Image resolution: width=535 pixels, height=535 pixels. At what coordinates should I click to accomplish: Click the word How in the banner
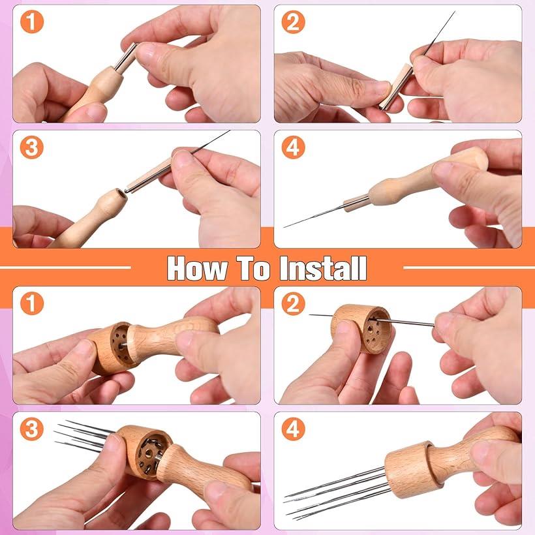(197, 269)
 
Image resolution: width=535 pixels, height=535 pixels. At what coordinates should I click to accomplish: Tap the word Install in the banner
(324, 269)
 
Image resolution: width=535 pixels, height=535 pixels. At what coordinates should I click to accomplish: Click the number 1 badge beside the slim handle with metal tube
(32, 22)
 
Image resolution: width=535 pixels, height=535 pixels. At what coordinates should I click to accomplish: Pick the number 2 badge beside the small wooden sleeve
(293, 22)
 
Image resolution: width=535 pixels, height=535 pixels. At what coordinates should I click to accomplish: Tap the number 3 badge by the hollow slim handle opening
(32, 147)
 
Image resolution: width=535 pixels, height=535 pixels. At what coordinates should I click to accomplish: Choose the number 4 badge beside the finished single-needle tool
(293, 147)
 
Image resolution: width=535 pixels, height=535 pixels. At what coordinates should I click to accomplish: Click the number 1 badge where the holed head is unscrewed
(32, 303)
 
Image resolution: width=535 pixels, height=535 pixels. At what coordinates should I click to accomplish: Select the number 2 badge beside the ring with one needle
(293, 303)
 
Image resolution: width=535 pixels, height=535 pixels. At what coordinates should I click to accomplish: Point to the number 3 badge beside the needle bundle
(32, 429)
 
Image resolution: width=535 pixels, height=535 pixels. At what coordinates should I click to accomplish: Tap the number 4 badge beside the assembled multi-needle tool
(293, 429)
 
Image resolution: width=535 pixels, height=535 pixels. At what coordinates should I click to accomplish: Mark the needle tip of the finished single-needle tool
(284, 227)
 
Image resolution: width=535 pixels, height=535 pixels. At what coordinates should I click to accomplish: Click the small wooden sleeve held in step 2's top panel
(396, 87)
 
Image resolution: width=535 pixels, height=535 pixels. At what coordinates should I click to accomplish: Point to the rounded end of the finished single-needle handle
(478, 158)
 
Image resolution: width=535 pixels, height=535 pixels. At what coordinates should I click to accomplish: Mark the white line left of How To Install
(65, 267)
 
